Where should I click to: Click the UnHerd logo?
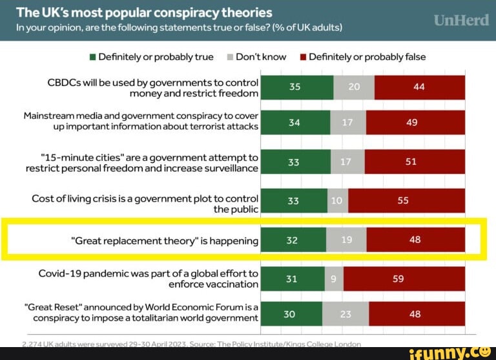pyautogui.click(x=461, y=21)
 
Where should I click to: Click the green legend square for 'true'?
pyautogui.click(x=92, y=57)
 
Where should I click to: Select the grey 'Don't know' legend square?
pyautogui.click(x=230, y=57)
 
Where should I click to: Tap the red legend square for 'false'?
pyautogui.click(x=302, y=57)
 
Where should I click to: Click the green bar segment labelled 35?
pyautogui.click(x=296, y=87)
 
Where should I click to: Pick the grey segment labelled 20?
pyautogui.click(x=354, y=87)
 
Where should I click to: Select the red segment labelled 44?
pyautogui.click(x=419, y=87)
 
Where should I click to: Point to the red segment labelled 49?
pyautogui.click(x=415, y=122)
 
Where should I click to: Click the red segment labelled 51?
pyautogui.click(x=414, y=162)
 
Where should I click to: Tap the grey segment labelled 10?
pyautogui.click(x=338, y=200)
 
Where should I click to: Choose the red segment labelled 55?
pyautogui.click(x=406, y=200)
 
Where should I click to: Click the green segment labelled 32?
pyautogui.click(x=293, y=240)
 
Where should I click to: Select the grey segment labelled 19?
pyautogui.click(x=346, y=240)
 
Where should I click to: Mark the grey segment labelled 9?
pyautogui.click(x=334, y=279)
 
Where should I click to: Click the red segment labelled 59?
pyautogui.click(x=404, y=279)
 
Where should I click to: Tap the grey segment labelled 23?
pyautogui.click(x=345, y=314)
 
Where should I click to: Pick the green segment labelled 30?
pyautogui.click(x=291, y=314)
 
